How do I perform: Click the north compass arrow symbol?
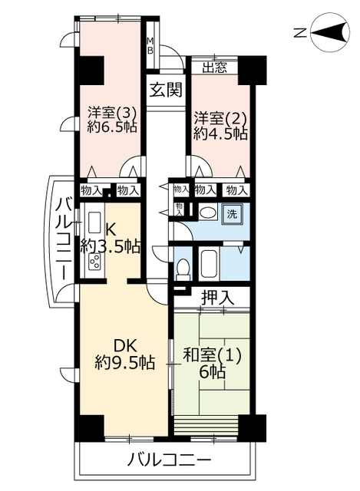pos(330,32)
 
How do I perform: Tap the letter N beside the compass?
pos(300,33)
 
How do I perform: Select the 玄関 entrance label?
pos(166,91)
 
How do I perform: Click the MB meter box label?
pos(150,46)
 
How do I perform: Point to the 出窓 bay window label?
pos(215,68)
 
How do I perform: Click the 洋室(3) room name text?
pos(111,111)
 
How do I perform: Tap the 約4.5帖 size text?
pos(220,133)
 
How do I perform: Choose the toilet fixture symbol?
pos(183,269)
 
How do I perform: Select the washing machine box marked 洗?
pos(232,214)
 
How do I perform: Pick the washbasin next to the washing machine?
pos(208,213)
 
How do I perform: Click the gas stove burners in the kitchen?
pos(95,262)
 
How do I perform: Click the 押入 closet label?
pos(217,298)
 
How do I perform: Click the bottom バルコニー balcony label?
pos(169,460)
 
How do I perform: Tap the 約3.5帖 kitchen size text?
pos(110,246)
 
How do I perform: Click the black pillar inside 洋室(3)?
pos(91,70)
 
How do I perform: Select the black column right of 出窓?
pos(253,70)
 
